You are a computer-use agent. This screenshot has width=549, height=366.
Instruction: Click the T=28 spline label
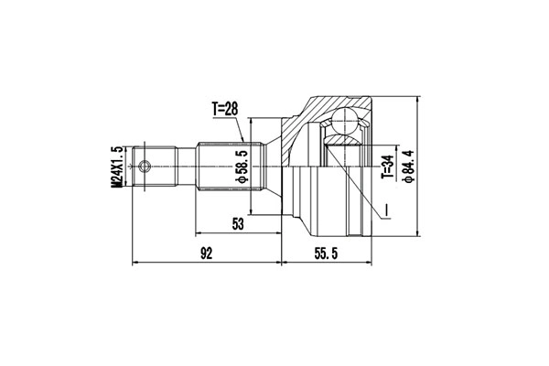pyautogui.click(x=225, y=109)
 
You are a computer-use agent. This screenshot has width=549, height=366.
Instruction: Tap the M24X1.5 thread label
pyautogui.click(x=116, y=167)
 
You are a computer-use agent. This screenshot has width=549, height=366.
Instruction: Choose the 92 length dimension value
pyautogui.click(x=207, y=253)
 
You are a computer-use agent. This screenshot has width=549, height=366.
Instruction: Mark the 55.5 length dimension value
pyautogui.click(x=324, y=253)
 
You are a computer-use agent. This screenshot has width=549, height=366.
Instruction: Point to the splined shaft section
pyautogui.click(x=229, y=167)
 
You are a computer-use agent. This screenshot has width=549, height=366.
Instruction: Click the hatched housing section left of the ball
pyautogui.click(x=307, y=128)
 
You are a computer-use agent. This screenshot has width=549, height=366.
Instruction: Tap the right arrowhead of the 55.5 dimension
pyautogui.click(x=369, y=263)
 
